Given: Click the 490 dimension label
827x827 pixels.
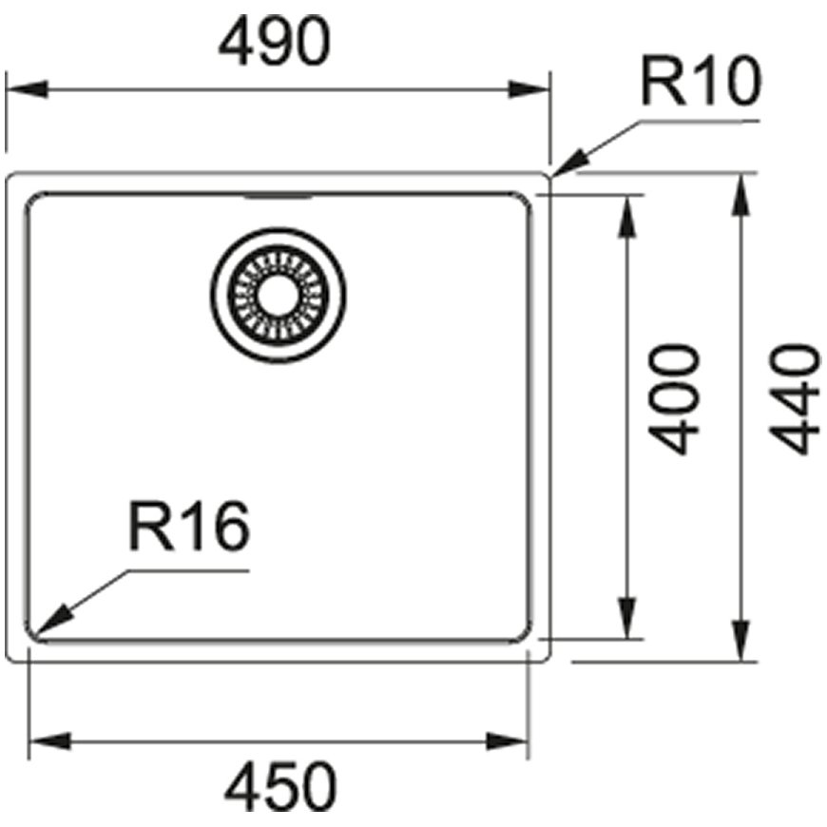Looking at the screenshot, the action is (x=275, y=41).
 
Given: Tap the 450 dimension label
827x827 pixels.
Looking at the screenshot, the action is (x=280, y=787).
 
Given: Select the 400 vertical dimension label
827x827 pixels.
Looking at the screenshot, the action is (x=674, y=399).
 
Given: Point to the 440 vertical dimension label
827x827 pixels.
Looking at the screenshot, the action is (x=795, y=399).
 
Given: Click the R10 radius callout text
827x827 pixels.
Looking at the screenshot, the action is (x=701, y=81).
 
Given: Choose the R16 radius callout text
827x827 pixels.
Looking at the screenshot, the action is (x=189, y=526).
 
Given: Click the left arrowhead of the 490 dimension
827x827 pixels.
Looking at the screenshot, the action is (x=27, y=89).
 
